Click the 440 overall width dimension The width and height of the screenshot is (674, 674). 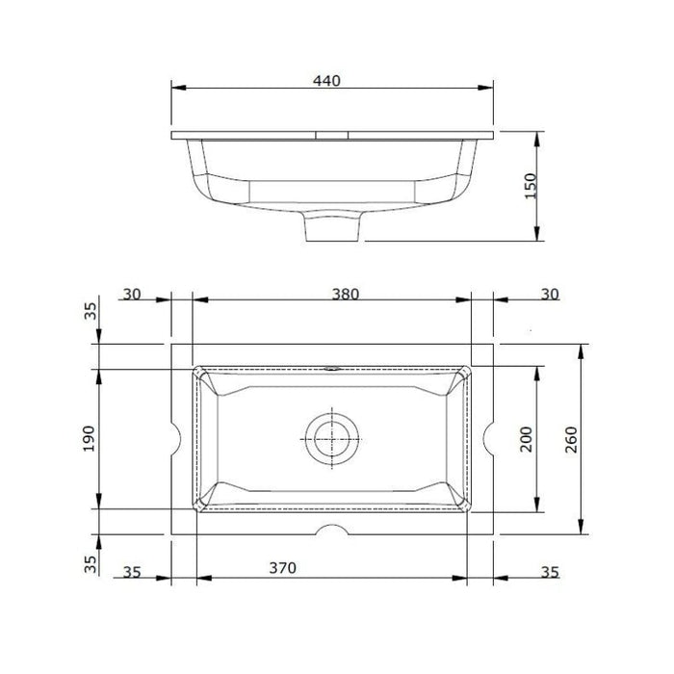tap(327, 82)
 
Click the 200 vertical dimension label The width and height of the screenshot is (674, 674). tap(526, 438)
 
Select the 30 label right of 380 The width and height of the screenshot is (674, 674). tap(549, 295)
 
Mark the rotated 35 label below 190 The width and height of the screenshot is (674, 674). tap(91, 564)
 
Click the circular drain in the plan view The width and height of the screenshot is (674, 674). tap(332, 438)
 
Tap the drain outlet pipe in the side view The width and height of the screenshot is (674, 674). tap(332, 228)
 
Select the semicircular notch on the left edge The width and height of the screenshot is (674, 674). tap(176, 439)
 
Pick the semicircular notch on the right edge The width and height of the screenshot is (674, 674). tap(488, 439)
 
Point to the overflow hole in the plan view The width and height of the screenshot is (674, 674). tap(333, 367)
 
